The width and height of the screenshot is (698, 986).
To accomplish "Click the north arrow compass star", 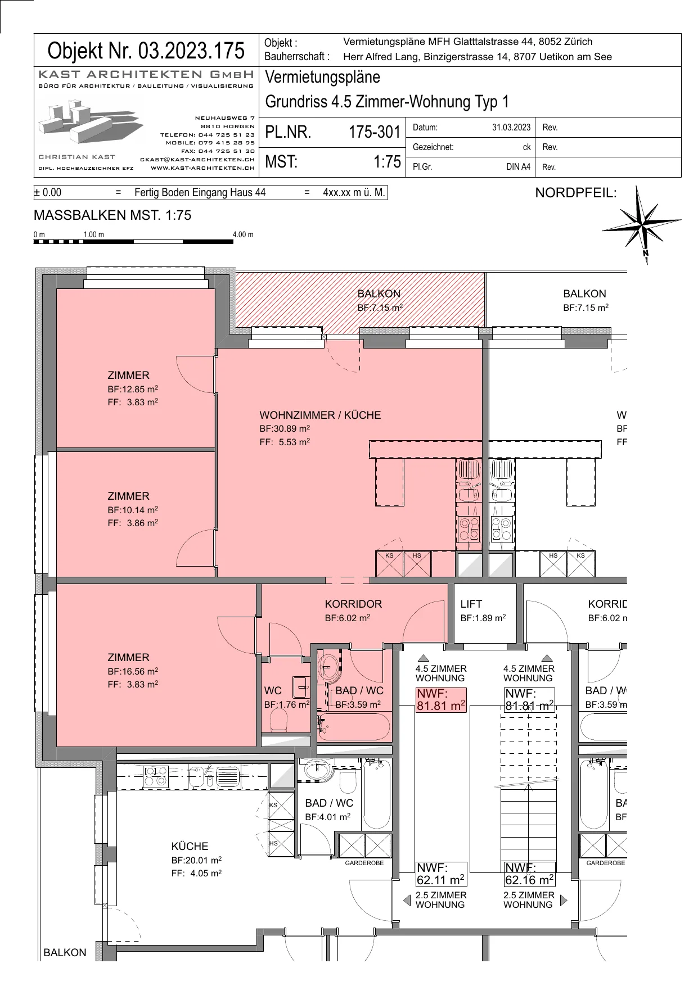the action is (642, 223).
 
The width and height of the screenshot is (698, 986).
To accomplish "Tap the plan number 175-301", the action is (374, 132).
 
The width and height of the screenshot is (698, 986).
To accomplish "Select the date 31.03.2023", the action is (511, 128).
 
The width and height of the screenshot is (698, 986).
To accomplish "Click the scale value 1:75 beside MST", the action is (387, 162).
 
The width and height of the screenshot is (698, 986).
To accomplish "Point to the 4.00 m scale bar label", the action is (243, 234).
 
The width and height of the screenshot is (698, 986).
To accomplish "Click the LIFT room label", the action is (471, 604).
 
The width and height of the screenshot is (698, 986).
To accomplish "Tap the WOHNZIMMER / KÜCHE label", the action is (320, 415).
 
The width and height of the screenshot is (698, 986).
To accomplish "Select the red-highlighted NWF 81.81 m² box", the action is (441, 700).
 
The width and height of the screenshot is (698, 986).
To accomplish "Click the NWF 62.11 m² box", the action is (441, 874).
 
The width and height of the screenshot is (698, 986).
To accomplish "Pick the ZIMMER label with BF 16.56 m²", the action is (128, 658).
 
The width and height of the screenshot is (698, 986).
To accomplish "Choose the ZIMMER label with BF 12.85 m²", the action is (128, 376).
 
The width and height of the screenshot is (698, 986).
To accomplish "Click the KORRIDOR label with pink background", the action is (353, 604).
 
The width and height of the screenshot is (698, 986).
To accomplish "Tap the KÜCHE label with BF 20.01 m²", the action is (190, 846).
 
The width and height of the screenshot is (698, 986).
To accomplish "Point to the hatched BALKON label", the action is (379, 294).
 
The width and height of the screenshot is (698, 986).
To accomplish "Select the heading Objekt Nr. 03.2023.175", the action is (146, 51).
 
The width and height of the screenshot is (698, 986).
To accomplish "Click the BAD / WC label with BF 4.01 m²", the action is (329, 803).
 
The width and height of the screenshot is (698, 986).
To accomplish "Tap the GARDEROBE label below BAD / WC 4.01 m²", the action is (364, 863).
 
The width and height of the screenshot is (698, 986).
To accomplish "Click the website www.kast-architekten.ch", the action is (202, 168).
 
